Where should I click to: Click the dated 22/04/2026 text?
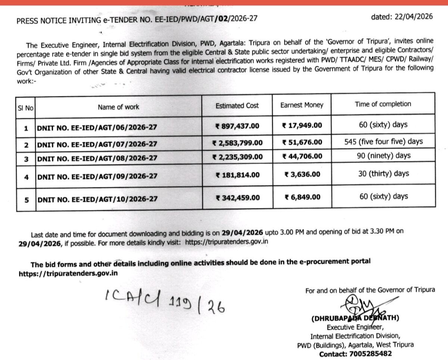click(402, 16)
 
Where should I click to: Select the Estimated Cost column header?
click(237, 106)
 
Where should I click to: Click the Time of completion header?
click(383, 104)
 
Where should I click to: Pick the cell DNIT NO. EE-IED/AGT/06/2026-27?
click(97, 128)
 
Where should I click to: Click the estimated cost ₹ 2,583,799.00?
click(237, 143)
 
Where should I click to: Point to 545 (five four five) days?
click(383, 142)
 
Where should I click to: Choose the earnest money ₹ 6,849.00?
click(302, 197)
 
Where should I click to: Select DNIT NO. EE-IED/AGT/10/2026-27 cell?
click(97, 199)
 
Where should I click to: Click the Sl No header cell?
click(26, 108)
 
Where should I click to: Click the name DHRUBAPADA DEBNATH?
click(355, 319)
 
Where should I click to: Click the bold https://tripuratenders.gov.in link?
click(68, 273)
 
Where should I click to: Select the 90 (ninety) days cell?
click(383, 155)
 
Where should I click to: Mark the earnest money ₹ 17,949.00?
click(302, 125)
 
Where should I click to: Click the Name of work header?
click(118, 107)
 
